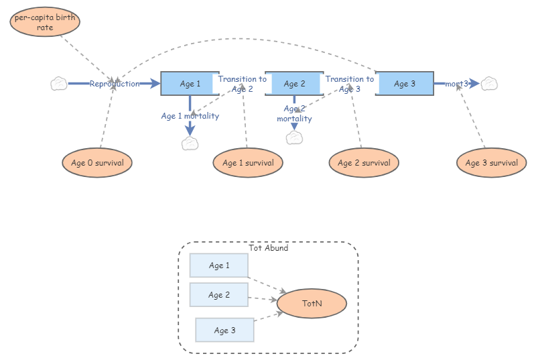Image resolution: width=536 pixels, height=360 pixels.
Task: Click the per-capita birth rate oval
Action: [45, 23]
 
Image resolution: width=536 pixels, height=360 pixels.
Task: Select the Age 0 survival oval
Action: [97, 162]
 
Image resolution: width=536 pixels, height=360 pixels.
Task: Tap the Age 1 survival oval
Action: [248, 162]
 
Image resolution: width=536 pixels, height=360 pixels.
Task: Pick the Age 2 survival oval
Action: [364, 162]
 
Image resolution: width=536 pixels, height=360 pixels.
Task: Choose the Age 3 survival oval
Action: [490, 162]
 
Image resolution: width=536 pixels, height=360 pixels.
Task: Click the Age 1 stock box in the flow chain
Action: [190, 84]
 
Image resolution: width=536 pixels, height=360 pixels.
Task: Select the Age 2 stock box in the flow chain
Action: [294, 84]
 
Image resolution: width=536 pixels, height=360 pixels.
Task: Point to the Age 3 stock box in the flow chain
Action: [404, 84]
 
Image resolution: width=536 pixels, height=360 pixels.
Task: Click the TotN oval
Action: [312, 304]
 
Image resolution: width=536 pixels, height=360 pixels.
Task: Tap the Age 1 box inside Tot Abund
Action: [219, 265]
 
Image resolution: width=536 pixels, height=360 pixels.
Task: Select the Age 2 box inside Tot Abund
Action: [219, 295]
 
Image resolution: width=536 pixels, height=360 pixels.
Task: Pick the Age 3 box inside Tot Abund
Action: [224, 330]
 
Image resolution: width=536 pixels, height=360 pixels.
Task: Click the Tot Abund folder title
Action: [268, 248]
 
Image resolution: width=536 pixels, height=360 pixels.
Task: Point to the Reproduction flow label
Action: [115, 84]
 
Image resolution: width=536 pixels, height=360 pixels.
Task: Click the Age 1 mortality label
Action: [190, 116]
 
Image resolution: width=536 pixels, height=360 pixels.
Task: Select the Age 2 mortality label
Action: [294, 113]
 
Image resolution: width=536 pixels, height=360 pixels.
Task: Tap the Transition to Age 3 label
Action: [350, 84]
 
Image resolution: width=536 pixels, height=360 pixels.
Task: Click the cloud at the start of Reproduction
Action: [58, 84]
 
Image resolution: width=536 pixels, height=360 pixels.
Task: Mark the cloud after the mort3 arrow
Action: [490, 84]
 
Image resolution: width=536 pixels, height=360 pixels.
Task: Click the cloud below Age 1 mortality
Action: [190, 143]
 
